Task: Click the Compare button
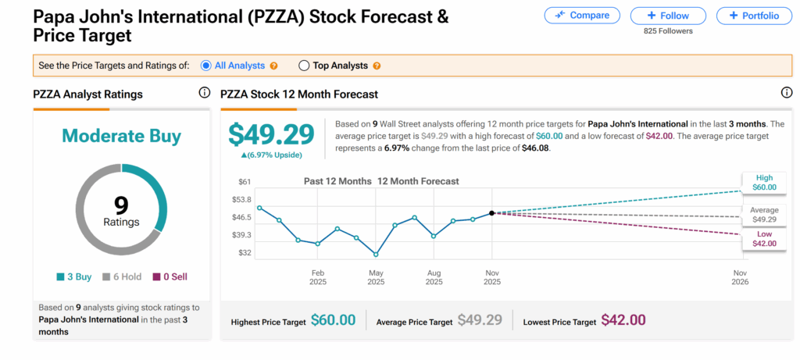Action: tap(582, 16)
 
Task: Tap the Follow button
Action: tap(668, 16)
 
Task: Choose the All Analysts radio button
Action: tap(206, 66)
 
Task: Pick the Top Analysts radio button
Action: tap(304, 66)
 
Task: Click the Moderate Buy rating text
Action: tap(121, 136)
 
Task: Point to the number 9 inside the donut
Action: tap(121, 205)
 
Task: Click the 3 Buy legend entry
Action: tap(74, 276)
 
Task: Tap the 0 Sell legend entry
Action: tap(170, 276)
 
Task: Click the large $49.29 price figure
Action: tap(271, 134)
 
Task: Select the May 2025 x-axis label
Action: tap(376, 276)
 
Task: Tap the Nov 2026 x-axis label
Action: tap(740, 276)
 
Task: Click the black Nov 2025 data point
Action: tap(491, 212)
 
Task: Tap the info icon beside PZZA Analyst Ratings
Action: tap(205, 93)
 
